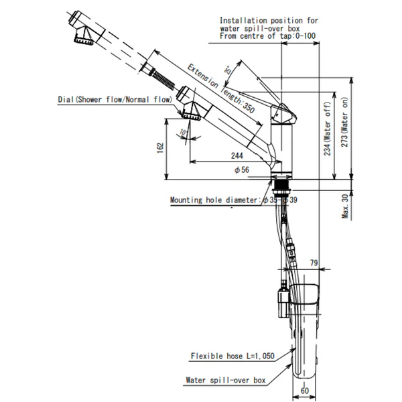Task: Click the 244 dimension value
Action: tap(237, 155)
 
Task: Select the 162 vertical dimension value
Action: tap(159, 147)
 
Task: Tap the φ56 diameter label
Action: tap(242, 170)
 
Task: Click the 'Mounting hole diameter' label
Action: tap(214, 200)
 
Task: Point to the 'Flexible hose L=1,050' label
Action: tap(228, 356)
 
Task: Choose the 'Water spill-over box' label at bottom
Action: tap(225, 380)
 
